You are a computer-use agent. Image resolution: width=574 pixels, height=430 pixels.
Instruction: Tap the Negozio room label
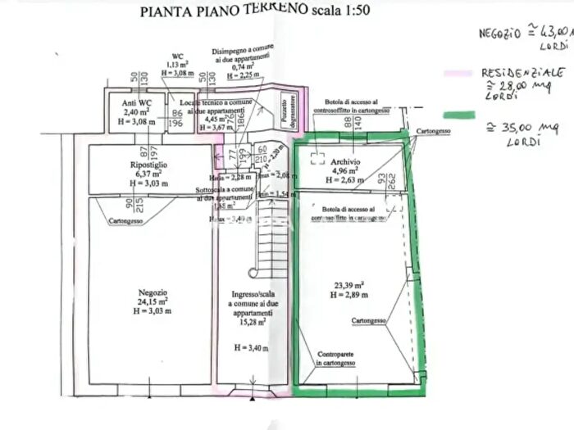tap(153, 292)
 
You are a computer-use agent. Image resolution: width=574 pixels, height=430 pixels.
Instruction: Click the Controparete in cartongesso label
tap(342, 357)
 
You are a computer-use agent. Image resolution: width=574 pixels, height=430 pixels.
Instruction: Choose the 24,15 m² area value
tap(153, 301)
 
